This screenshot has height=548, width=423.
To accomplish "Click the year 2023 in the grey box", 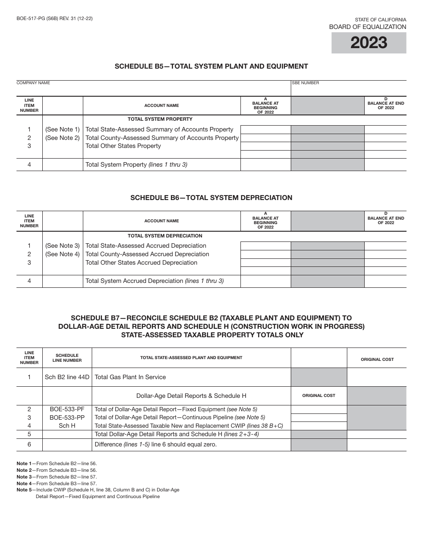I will (369, 43).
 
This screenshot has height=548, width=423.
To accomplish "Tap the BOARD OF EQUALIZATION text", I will (367, 27).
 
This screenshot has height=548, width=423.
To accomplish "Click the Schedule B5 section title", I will (211, 66).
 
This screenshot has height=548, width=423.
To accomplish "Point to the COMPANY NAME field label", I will (33, 83).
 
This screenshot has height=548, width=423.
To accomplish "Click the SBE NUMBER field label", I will (305, 83).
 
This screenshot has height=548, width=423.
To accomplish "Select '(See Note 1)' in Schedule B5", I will (62, 129).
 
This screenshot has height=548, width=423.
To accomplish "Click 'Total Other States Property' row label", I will (123, 146).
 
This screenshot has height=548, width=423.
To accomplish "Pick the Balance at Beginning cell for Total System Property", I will (265, 164).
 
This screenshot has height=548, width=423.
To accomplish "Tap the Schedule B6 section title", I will (211, 197).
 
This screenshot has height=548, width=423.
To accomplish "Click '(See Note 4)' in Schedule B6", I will (62, 254).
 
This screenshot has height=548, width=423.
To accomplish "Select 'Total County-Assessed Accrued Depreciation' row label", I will (147, 254).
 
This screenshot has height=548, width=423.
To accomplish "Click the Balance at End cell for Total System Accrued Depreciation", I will (385, 281).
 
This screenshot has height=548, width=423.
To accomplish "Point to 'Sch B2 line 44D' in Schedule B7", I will (67, 377).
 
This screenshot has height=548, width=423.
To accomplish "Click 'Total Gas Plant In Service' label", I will (130, 377).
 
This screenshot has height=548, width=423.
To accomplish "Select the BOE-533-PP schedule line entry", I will (67, 417).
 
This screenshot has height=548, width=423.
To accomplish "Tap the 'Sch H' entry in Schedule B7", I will (67, 425).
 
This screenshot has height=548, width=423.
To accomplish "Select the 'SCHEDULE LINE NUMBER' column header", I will (67, 358).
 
